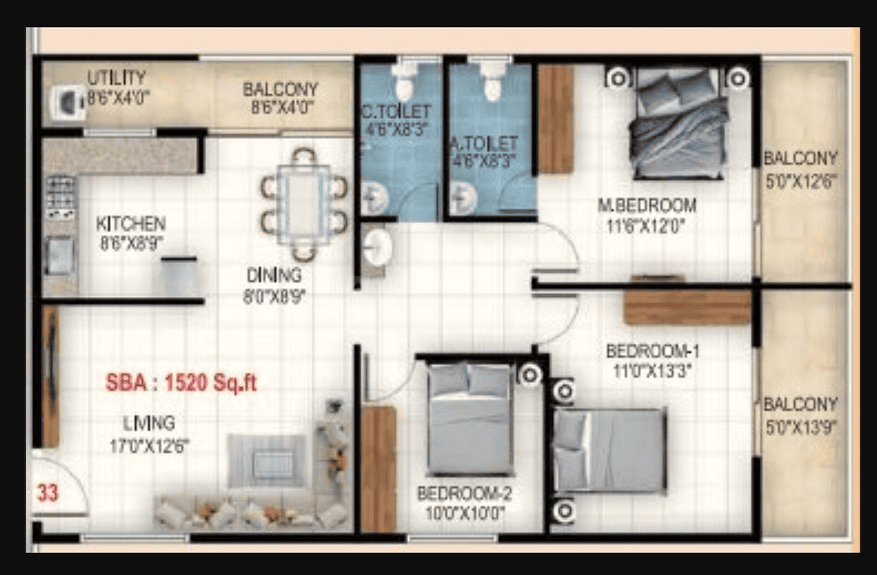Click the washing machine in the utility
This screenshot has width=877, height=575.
click(68, 102)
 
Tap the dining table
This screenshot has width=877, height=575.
click(304, 205)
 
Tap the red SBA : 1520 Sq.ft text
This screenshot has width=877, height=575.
click(181, 383)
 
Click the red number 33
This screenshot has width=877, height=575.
click(48, 493)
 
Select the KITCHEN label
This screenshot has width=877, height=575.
click(131, 224)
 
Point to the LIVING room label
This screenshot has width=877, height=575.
click(149, 423)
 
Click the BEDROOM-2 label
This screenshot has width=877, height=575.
click(464, 493)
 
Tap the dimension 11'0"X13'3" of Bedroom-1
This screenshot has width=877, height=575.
click(652, 370)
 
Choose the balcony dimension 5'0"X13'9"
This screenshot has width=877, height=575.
click(801, 428)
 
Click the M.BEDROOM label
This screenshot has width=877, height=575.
click(647, 206)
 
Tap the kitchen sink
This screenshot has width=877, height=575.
click(60, 256)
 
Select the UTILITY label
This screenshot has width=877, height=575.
click(117, 77)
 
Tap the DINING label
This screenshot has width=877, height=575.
click(274, 275)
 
